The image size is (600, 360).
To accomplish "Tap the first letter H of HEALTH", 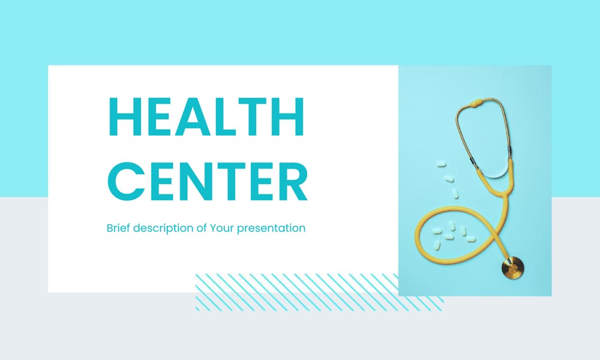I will coord(124,116).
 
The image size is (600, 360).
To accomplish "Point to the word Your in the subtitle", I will coord(221,229).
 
